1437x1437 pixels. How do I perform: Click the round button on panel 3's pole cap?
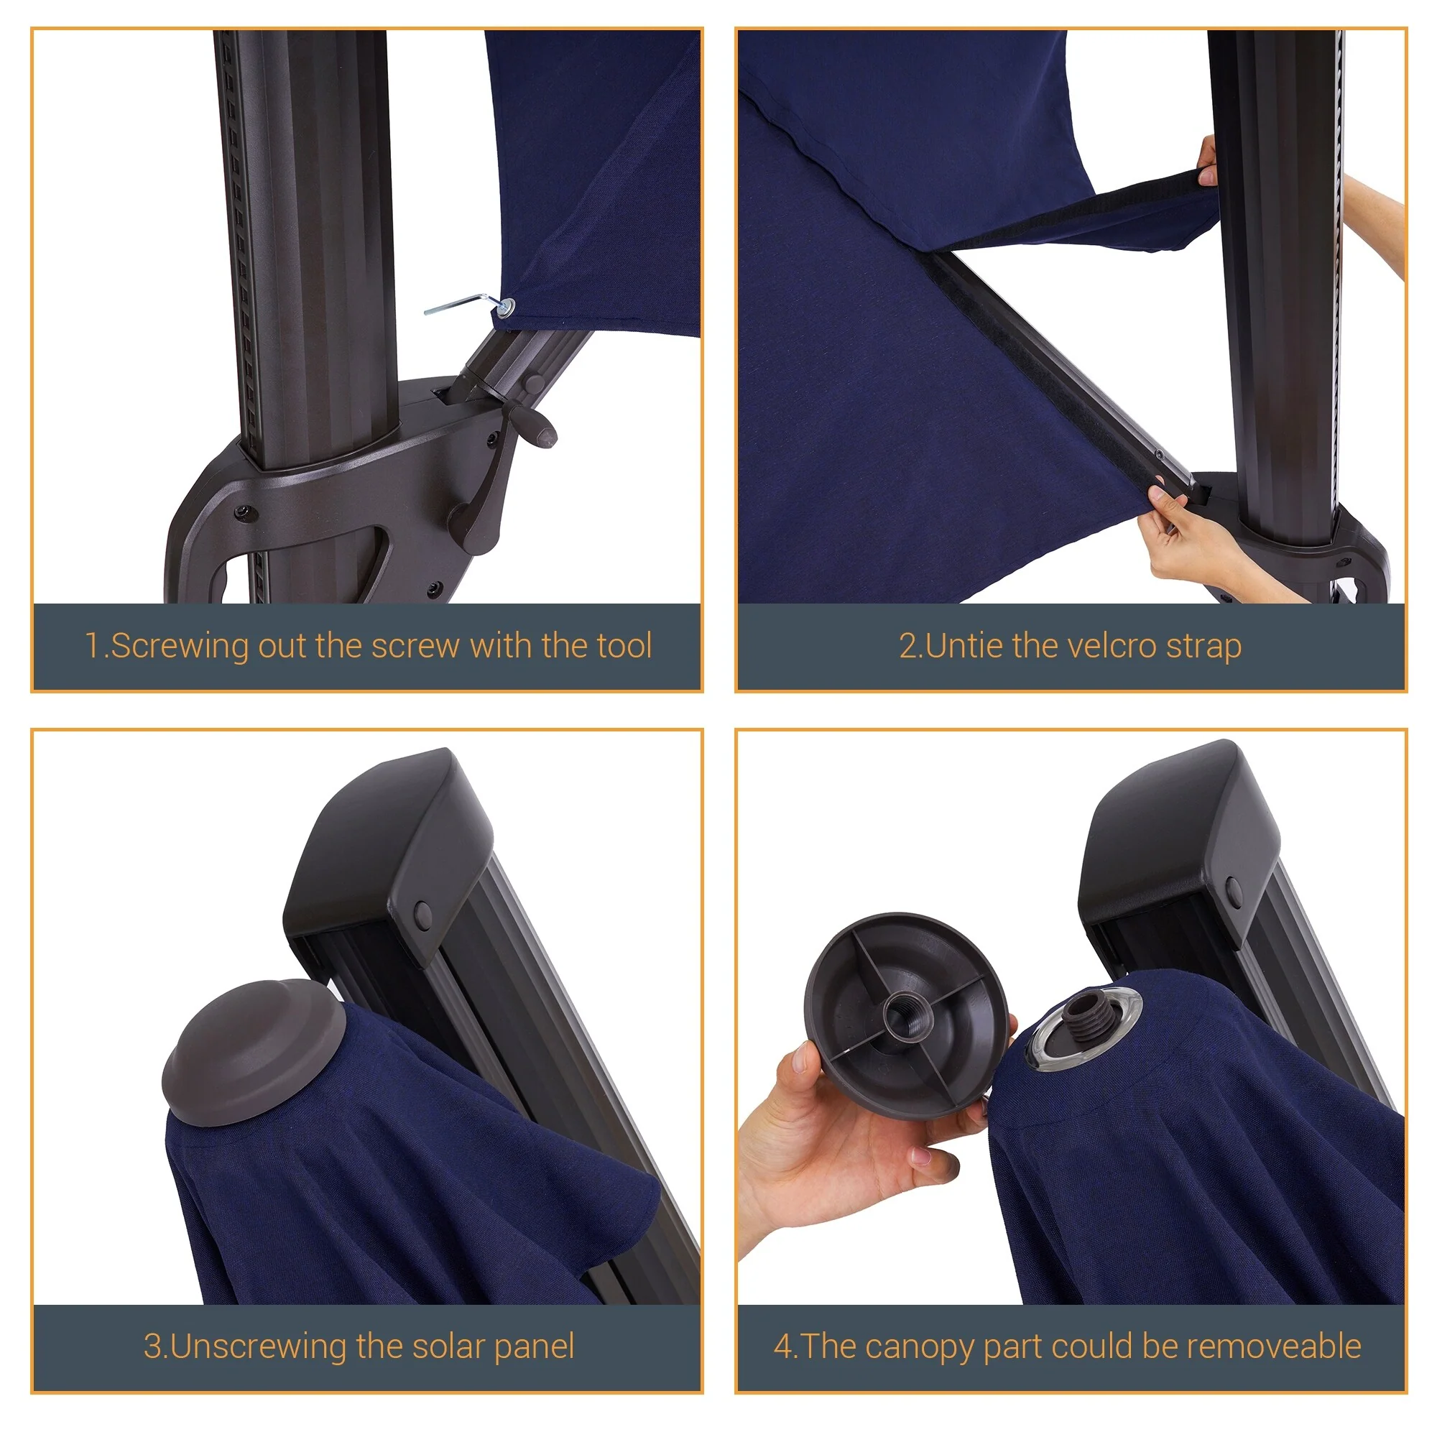coord(422,913)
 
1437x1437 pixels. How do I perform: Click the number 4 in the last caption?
coord(782,1347)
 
